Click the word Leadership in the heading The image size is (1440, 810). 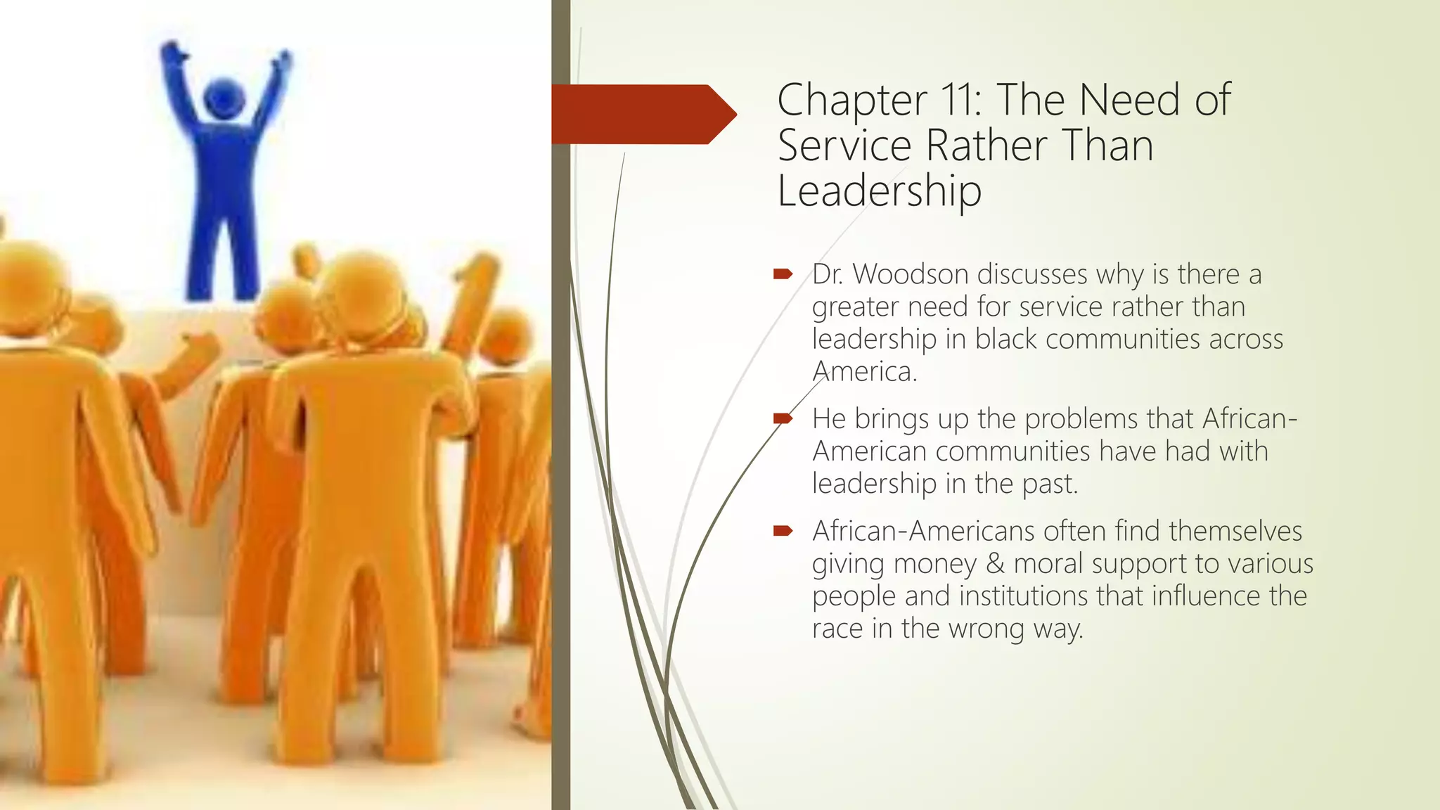coord(879,191)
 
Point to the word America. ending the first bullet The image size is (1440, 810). coord(864,371)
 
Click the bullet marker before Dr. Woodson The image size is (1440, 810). coord(783,274)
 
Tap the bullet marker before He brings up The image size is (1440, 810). coord(783,418)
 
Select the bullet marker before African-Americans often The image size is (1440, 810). coord(783,531)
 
